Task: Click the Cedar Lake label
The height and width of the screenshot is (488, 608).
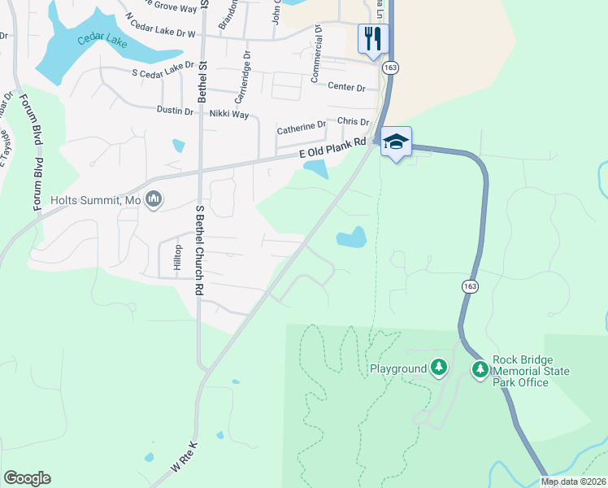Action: coord(102,39)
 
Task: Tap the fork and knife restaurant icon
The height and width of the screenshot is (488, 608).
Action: coord(373,37)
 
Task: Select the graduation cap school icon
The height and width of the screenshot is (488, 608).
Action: coord(396,142)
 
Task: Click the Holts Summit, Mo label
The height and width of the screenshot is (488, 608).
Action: coord(96,199)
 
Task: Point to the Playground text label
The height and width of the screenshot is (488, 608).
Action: coord(398,368)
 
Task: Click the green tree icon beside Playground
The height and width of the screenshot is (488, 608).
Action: coord(439,368)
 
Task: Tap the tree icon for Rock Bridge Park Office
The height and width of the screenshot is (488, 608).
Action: coord(480,370)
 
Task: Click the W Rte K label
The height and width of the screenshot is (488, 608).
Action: coord(184,460)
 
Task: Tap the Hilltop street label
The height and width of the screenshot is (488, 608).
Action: coord(177,257)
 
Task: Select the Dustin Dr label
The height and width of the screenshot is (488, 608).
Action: coord(175,110)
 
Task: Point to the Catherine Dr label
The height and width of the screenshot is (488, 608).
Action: coord(301,129)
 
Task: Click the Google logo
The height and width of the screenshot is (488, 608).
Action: coord(27,478)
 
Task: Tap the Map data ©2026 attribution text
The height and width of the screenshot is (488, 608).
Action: coord(574,481)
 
